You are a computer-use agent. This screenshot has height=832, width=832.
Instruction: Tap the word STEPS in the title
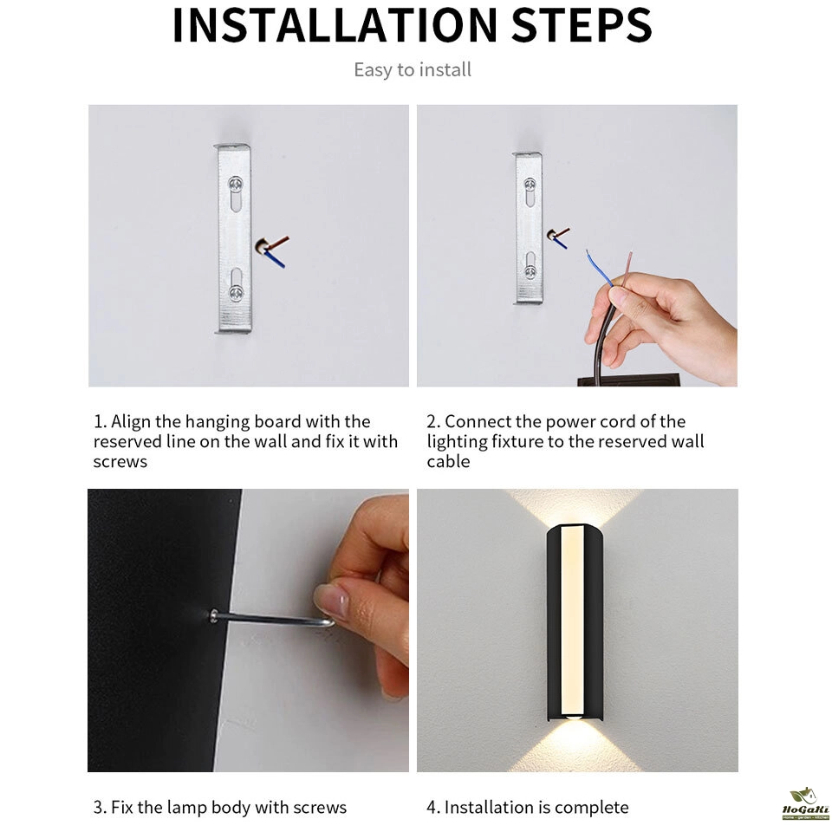tap(582, 25)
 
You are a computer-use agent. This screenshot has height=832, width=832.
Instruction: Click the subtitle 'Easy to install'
tap(413, 70)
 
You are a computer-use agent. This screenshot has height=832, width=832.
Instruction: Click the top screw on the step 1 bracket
tap(236, 185)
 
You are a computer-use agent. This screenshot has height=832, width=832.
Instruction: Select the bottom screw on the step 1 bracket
tap(236, 292)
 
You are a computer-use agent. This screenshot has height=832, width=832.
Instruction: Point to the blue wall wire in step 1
tap(275, 258)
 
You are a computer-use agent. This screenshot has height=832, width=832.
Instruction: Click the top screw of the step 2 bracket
tap(530, 185)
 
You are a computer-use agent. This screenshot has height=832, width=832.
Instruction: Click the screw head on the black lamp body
tap(213, 615)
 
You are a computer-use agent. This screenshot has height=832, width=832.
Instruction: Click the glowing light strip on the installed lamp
tap(573, 619)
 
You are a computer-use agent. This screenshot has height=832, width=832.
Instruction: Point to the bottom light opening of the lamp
tap(573, 717)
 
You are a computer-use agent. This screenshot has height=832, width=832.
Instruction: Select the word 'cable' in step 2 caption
tap(448, 462)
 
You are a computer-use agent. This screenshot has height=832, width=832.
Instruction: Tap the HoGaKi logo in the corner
tap(805, 804)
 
